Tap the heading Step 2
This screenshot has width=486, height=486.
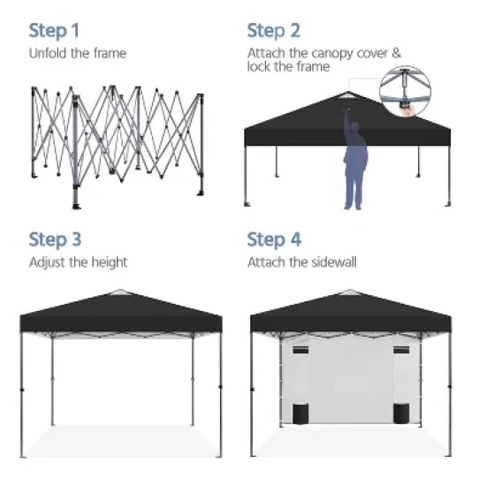(x=273, y=31)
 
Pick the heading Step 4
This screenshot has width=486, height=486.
(x=274, y=239)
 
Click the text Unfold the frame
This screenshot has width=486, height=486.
(x=78, y=53)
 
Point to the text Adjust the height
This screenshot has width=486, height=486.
(x=78, y=262)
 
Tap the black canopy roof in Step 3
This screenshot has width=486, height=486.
(x=120, y=314)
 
